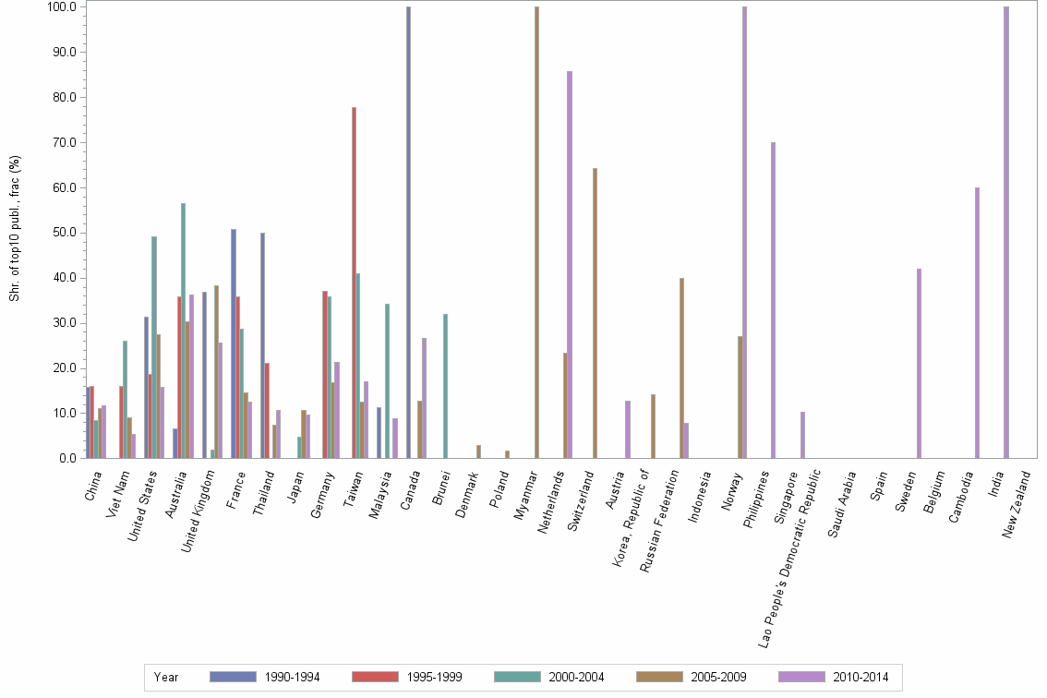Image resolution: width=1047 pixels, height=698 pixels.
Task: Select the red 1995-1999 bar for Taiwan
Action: [x=354, y=283]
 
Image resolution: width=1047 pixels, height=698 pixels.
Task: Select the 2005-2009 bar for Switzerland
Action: [x=595, y=313]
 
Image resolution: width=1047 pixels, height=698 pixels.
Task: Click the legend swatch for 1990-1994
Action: [x=233, y=678]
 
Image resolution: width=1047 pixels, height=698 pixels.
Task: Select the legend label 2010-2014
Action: [x=860, y=678]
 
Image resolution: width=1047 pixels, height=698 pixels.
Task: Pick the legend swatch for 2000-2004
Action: [x=518, y=678]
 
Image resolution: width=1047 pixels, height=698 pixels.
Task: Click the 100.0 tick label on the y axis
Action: [x=60, y=7]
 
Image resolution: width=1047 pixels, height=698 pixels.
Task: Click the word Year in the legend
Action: [x=166, y=678]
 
